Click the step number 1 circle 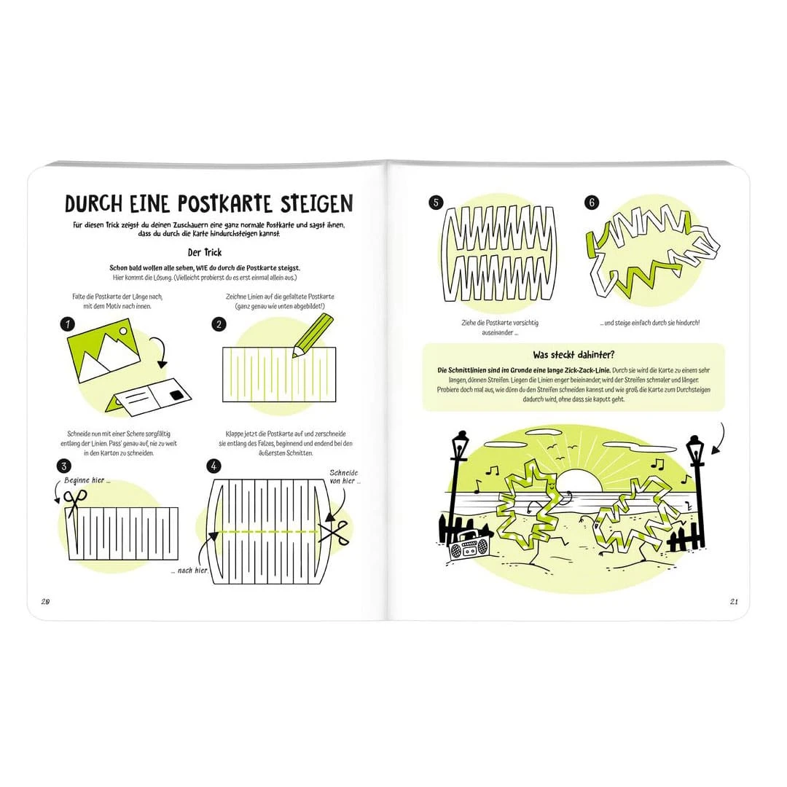tap(68, 324)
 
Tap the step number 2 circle tap(219, 324)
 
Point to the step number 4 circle tap(214, 465)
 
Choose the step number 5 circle tap(436, 203)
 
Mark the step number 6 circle tap(592, 203)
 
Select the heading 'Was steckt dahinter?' tap(573, 355)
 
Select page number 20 tap(44, 601)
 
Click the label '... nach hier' tap(189, 570)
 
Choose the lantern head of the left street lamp tap(459, 446)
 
